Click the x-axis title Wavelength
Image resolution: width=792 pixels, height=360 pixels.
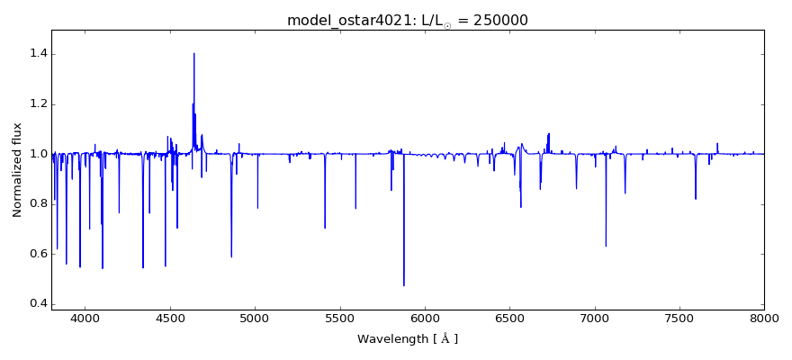click(407, 339)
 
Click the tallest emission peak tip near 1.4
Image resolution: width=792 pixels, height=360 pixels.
click(193, 53)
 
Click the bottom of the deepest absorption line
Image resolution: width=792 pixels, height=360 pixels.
click(403, 285)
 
